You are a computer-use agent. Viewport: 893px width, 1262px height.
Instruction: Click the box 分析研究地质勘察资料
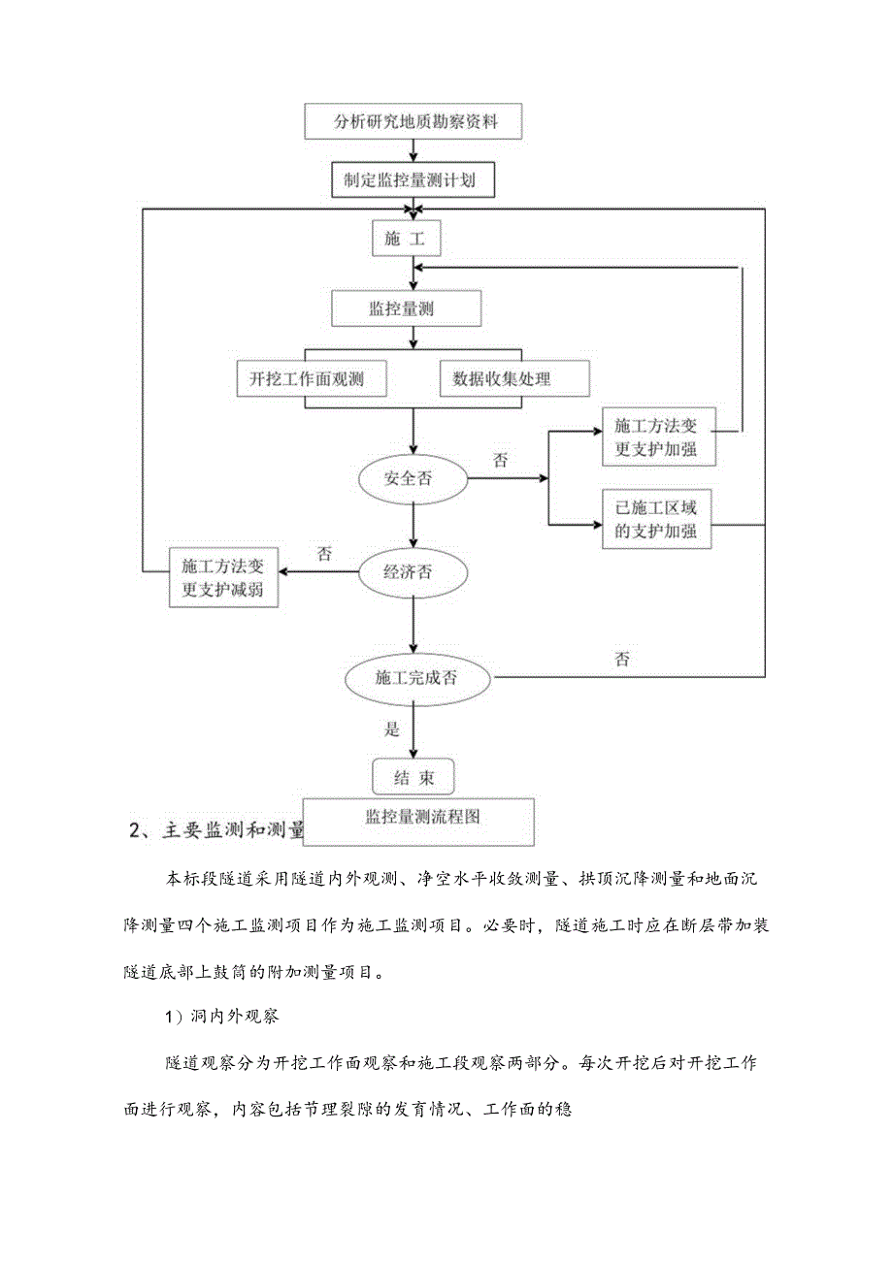pos(414,122)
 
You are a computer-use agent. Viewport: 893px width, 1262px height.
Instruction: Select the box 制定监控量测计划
pos(414,180)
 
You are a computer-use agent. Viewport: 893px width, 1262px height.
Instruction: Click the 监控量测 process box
pos(407,309)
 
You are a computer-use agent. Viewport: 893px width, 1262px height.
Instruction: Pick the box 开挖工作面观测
pos(311,379)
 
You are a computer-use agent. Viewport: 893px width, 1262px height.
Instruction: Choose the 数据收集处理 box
pos(514,379)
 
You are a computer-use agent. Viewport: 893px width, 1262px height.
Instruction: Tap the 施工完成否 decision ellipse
pos(418,678)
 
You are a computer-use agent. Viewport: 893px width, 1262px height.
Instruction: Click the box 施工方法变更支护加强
pos(659,437)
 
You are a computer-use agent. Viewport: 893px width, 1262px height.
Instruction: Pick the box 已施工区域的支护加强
pos(659,520)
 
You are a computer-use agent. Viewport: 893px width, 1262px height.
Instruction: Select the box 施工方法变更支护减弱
pos(223,578)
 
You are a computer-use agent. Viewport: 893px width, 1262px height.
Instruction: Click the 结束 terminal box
pos(413,778)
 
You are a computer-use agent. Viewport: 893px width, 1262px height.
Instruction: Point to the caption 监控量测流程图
pos(419,818)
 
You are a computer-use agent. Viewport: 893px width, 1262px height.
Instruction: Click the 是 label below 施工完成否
pos(392,728)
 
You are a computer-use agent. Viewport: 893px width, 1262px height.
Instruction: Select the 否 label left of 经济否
pos(325,555)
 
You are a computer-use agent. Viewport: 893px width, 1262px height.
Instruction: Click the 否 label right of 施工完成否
pos(622,660)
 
